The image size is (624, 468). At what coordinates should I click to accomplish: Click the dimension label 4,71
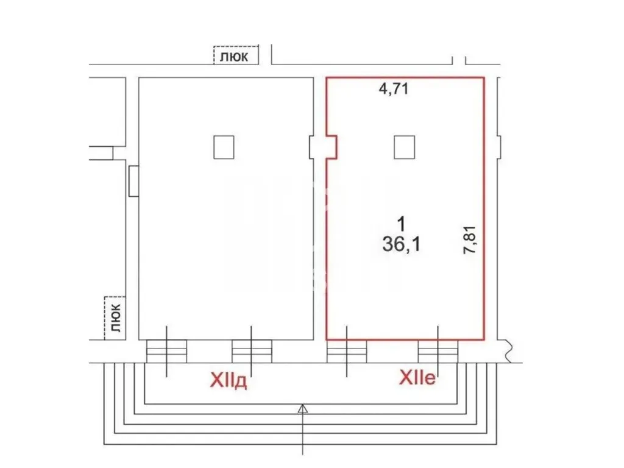coord(394,88)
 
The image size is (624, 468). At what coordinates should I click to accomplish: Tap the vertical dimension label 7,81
coord(470,239)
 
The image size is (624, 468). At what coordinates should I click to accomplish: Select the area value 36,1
coord(401,244)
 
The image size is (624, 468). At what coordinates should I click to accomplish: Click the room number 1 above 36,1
coord(402,224)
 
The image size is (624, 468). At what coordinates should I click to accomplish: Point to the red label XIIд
coord(228,380)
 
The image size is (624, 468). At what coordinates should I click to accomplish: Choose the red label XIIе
coord(417,377)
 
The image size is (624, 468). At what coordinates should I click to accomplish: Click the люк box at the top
coord(236,55)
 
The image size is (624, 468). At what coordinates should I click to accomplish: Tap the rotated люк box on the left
coord(115,318)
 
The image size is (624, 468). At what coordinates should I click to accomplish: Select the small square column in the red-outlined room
coord(405,147)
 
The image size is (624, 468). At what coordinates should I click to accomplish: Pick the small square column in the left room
coord(224,147)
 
